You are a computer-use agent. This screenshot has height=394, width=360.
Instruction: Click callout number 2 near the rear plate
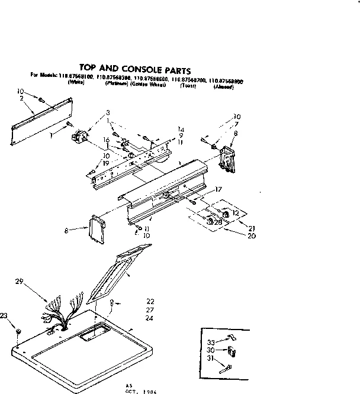pos(21,98)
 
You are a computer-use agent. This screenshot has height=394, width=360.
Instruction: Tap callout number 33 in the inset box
pos(211,341)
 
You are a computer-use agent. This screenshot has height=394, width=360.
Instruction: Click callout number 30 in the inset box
pos(211,350)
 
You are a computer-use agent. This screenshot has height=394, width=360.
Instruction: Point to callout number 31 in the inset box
pos(211,359)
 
